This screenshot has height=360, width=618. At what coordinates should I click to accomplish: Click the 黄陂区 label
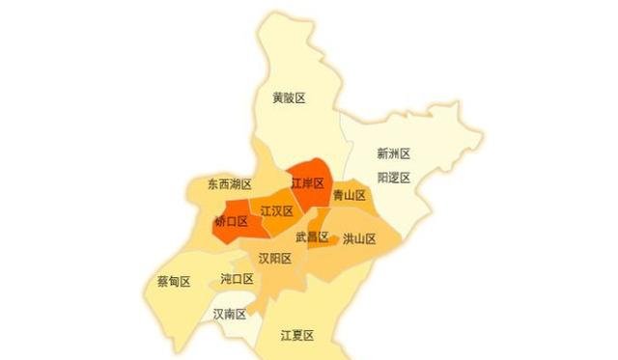[289, 97]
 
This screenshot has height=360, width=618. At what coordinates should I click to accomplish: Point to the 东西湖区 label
[229, 183]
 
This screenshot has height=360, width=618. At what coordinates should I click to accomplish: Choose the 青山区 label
[349, 195]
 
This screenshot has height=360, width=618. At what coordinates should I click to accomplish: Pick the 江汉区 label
[276, 210]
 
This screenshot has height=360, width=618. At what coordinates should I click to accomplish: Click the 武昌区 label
[312, 236]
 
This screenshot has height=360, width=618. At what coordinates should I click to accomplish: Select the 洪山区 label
[358, 238]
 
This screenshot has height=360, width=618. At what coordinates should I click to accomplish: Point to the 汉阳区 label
[274, 258]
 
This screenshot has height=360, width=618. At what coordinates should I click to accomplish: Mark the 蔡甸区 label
[173, 282]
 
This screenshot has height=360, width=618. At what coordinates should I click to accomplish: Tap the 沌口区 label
[237, 279]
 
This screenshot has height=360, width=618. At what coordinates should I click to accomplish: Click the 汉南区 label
[230, 314]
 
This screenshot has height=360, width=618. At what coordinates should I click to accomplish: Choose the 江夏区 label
[297, 335]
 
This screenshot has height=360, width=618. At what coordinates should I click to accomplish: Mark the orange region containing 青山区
[350, 208]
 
